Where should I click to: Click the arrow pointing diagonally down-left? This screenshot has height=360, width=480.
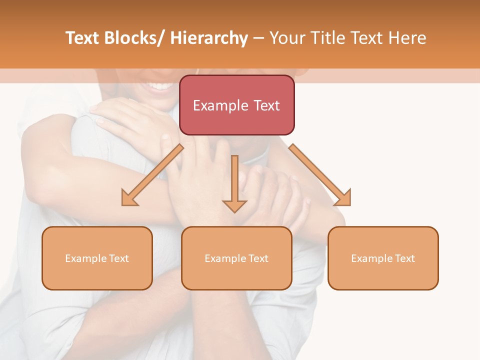[x=152, y=175]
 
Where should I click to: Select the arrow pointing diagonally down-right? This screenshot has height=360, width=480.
[x=320, y=175]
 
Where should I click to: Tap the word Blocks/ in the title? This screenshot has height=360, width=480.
[x=134, y=38]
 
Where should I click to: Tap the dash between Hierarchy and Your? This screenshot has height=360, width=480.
[x=258, y=38]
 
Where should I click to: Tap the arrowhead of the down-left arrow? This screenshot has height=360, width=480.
[x=129, y=198]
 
